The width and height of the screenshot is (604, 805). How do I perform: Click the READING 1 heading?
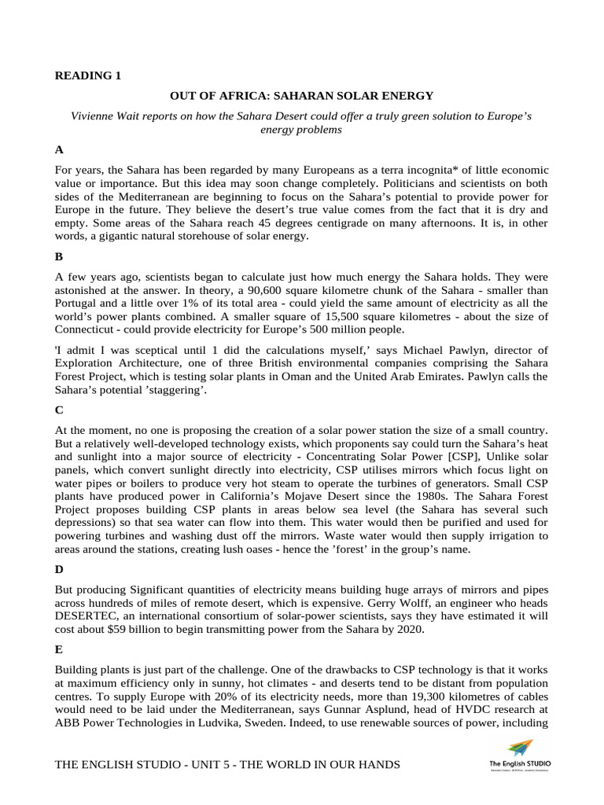pyautogui.click(x=88, y=76)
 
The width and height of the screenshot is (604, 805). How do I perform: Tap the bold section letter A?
pyautogui.click(x=59, y=149)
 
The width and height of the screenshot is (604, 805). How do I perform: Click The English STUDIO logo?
pyautogui.click(x=520, y=755)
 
